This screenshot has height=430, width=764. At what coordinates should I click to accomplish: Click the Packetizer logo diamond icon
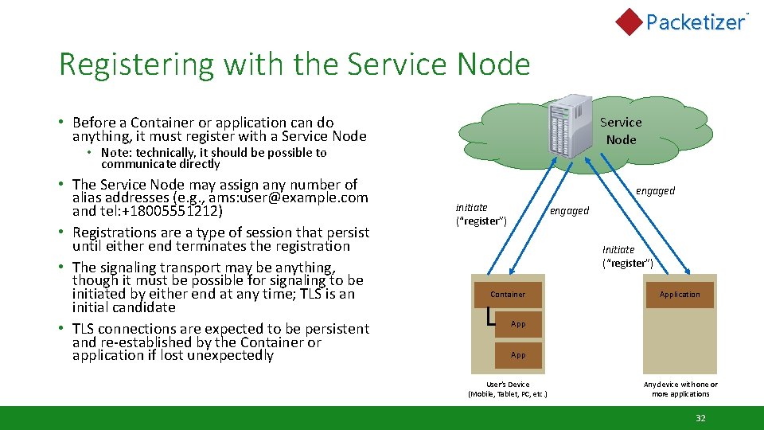(x=629, y=21)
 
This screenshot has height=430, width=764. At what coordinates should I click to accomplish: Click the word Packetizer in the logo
(x=695, y=22)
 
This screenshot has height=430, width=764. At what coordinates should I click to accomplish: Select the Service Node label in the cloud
(x=621, y=131)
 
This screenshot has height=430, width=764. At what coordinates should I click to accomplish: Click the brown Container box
(x=508, y=295)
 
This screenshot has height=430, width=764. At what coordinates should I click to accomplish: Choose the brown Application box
(x=680, y=295)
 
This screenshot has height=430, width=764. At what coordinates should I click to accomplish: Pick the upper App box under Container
(x=518, y=324)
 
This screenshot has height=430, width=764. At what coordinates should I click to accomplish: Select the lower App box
(x=518, y=355)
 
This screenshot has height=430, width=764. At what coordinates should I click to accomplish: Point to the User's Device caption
(x=508, y=389)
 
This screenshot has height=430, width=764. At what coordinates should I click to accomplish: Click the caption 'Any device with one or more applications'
(x=680, y=389)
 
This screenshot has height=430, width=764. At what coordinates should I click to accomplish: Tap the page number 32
(x=700, y=418)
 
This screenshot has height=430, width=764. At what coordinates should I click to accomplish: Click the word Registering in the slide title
(x=122, y=64)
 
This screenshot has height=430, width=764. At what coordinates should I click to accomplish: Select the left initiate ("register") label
(x=481, y=214)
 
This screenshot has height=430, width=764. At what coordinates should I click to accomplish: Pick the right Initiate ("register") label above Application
(x=627, y=256)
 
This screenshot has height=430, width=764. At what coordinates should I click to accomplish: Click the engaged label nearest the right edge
(x=655, y=191)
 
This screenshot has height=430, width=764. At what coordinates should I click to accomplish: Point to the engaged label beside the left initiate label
(x=569, y=211)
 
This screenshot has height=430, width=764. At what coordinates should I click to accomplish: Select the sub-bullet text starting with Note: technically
(x=213, y=158)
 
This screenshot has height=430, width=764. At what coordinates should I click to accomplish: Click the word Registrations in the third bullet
(x=121, y=233)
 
